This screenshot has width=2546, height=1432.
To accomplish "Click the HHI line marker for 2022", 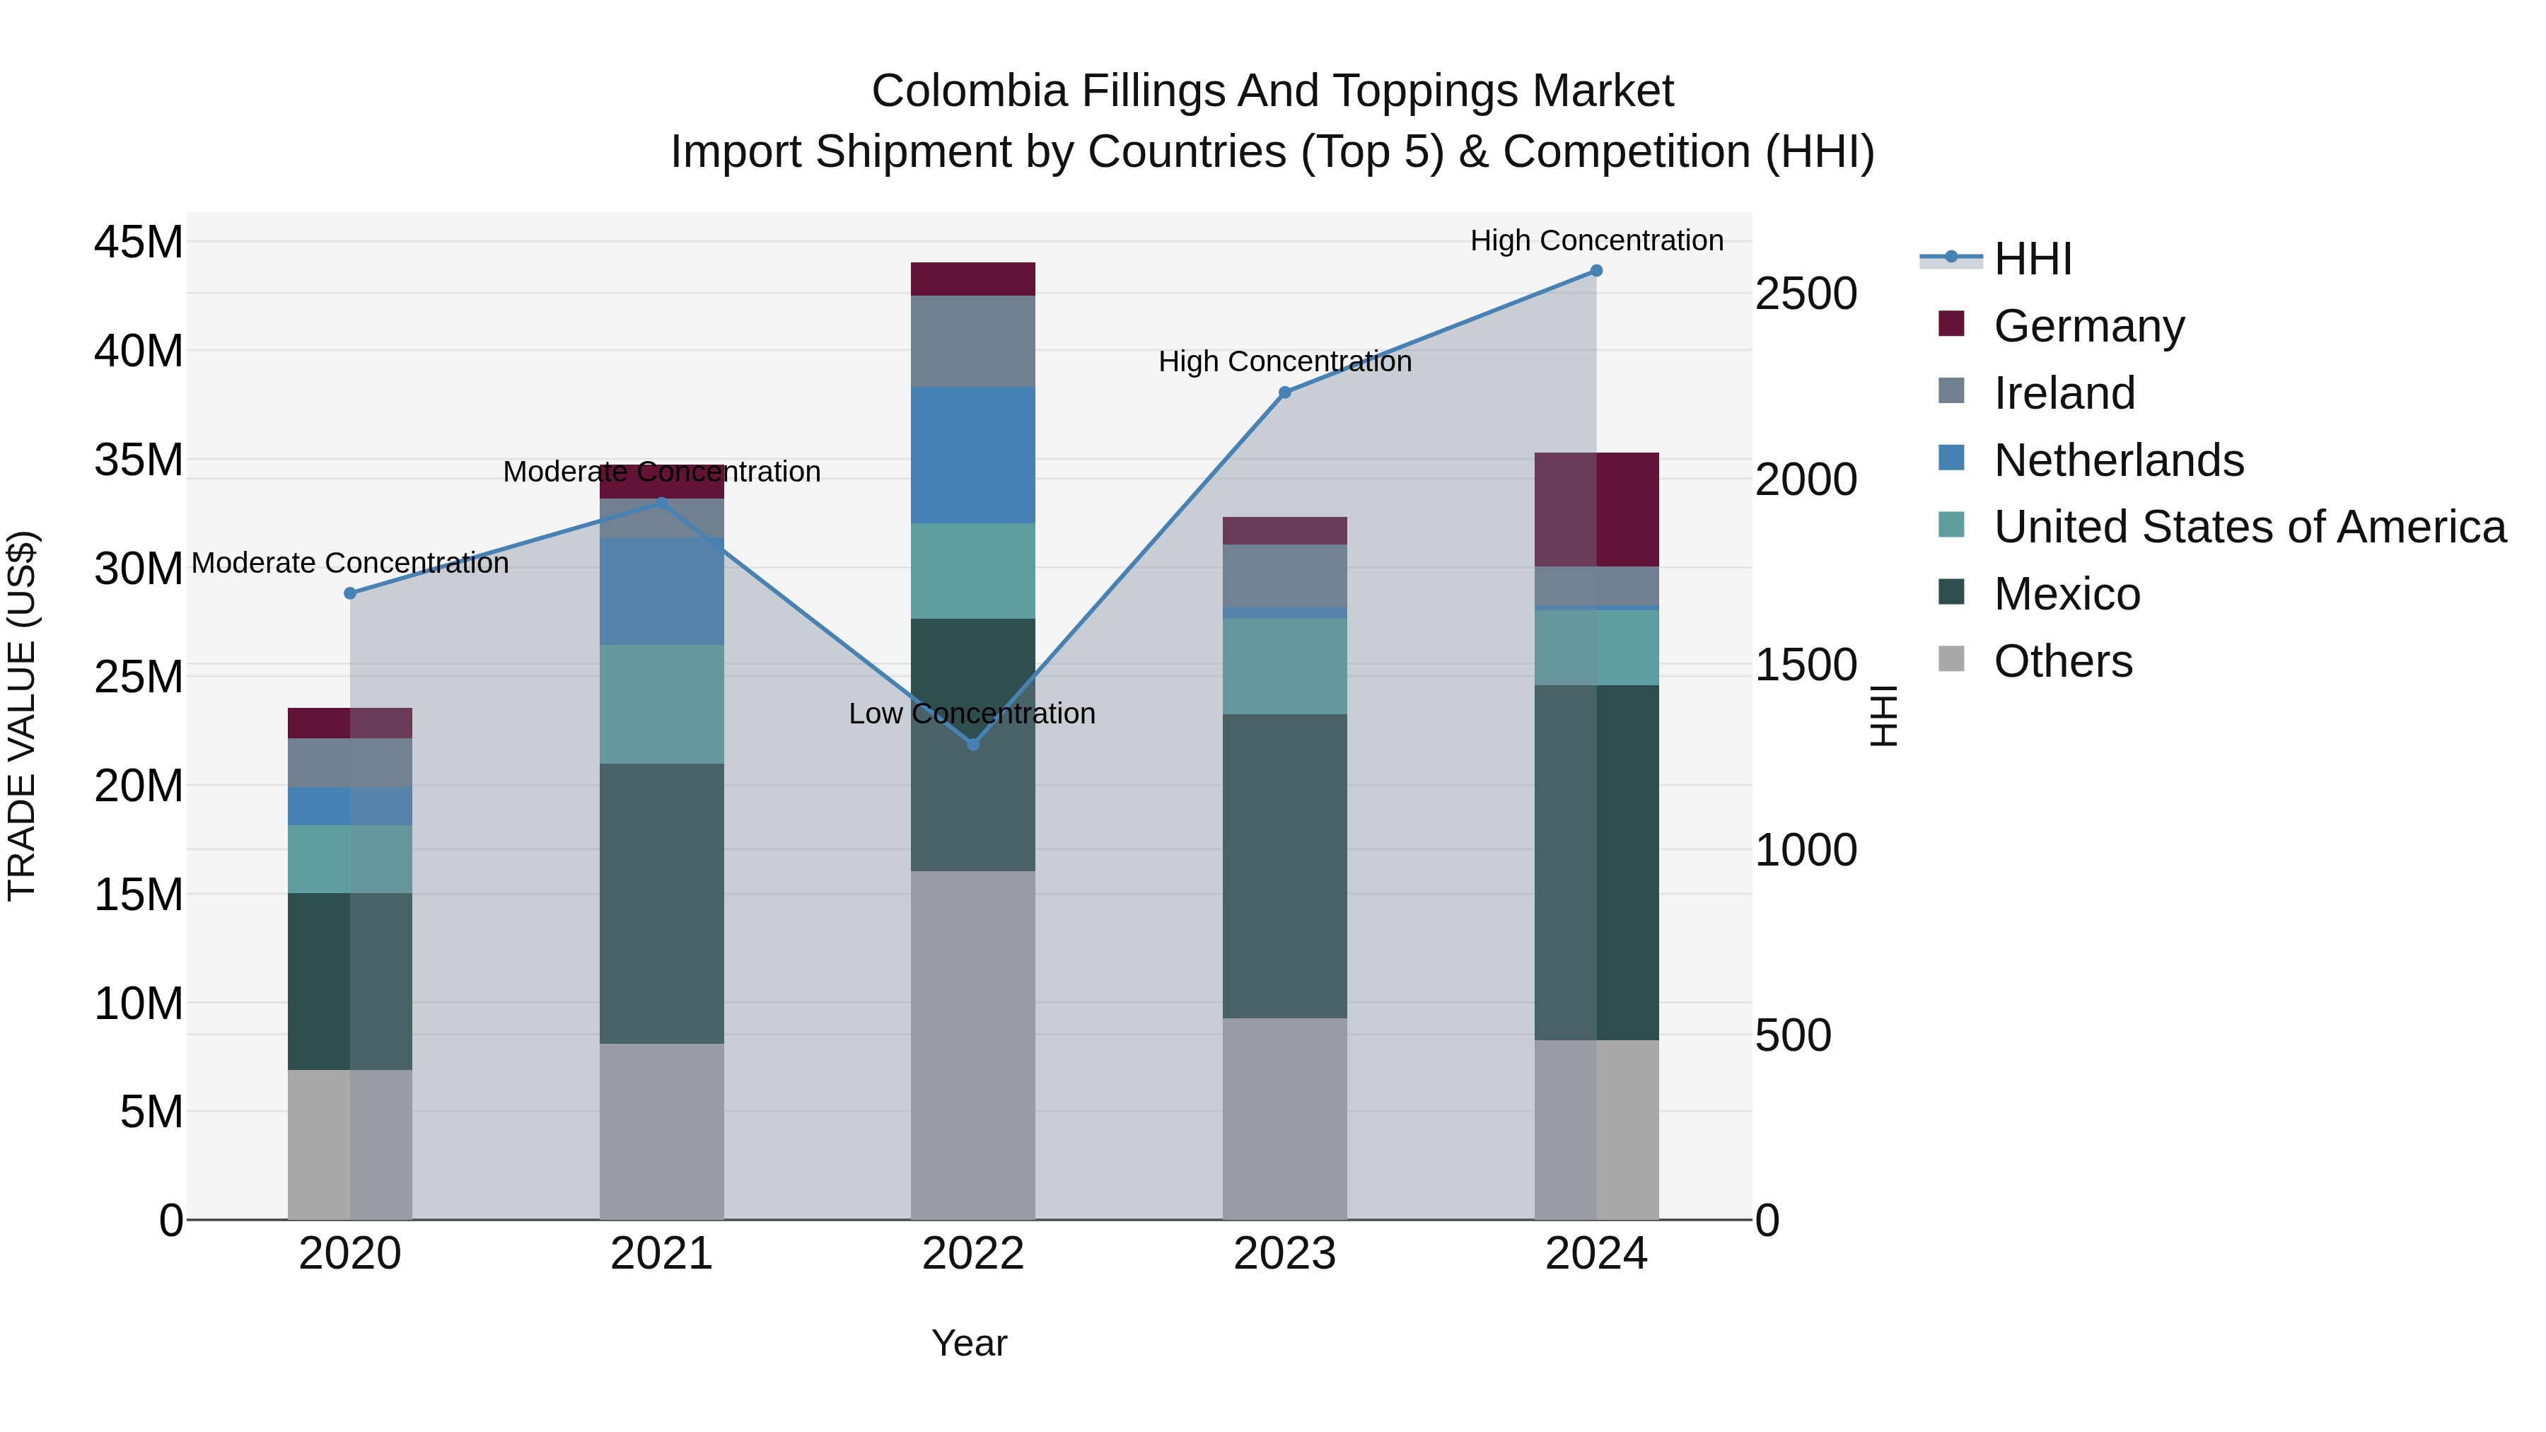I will [972, 744].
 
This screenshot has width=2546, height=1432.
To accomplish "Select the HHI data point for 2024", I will [1596, 271].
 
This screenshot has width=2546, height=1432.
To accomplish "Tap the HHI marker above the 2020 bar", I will [350, 593].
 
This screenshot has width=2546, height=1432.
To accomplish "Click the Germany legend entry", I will [2088, 326].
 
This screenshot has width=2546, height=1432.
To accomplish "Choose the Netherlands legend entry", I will [2118, 460].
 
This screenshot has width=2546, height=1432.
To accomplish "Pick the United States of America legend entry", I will [2248, 527].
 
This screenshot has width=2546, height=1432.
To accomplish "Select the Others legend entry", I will [2063, 661].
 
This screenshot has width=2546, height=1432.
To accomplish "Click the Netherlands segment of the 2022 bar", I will [972, 455].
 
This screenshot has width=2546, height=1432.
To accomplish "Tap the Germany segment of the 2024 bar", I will [1596, 509].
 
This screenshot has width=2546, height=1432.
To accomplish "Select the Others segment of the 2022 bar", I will [972, 1044].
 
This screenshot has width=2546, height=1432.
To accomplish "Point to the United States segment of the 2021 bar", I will [661, 704].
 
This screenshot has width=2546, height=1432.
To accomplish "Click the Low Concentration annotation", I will [972, 714].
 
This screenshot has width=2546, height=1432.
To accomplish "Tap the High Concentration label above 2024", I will [1596, 240].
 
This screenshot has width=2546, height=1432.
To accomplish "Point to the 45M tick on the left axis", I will [139, 242].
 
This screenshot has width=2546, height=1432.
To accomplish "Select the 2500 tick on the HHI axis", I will [1806, 294].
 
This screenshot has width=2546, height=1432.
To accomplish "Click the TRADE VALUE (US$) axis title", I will [22, 716].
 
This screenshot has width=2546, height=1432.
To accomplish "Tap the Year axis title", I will [969, 1343].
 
